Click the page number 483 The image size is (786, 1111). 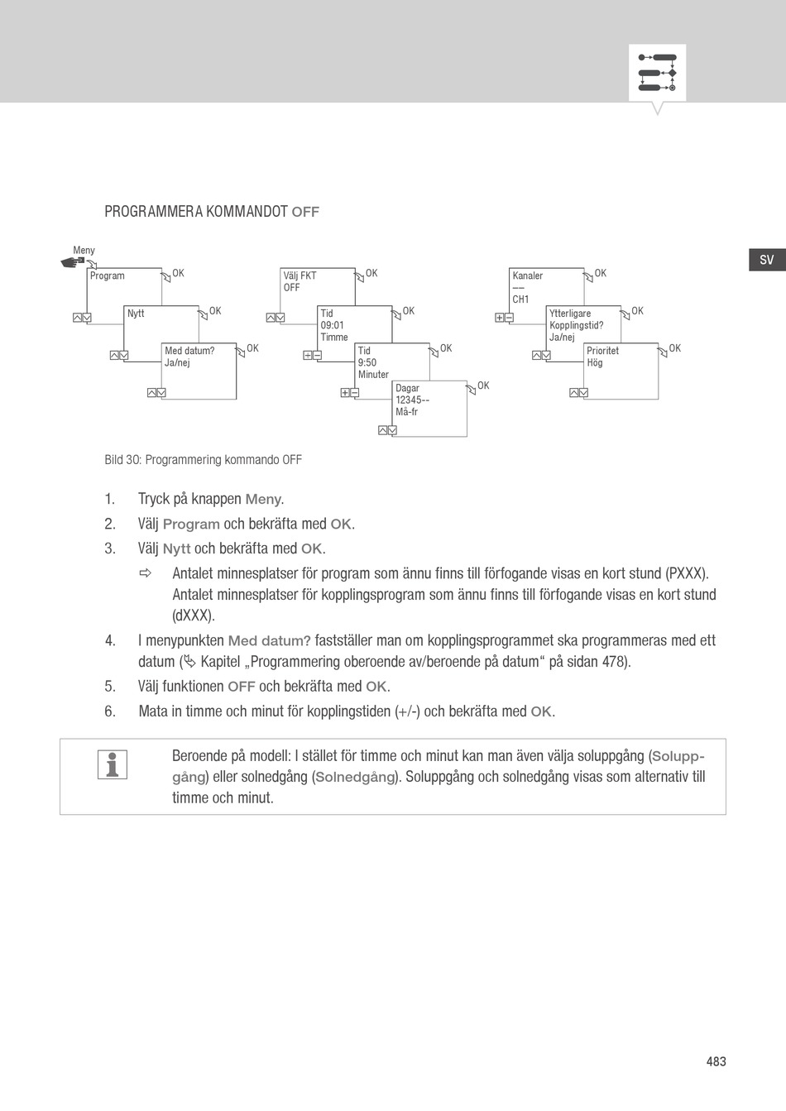click(x=716, y=1061)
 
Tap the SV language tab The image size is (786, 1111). click(x=766, y=260)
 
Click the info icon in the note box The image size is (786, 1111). click(x=113, y=764)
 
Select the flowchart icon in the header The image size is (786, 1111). click(x=657, y=73)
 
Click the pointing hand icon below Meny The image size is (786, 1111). click(x=74, y=262)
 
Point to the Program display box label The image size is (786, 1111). click(x=108, y=275)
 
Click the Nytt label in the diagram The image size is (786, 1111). click(x=136, y=314)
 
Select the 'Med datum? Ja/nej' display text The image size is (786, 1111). click(x=189, y=357)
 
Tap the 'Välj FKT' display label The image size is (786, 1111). click(x=300, y=275)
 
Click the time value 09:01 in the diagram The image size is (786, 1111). click(x=332, y=325)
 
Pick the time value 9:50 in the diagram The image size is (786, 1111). click(x=367, y=362)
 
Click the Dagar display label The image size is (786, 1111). click(x=407, y=388)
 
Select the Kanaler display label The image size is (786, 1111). click(x=528, y=275)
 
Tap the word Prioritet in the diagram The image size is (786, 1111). click(x=602, y=351)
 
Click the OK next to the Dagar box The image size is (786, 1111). click(x=483, y=385)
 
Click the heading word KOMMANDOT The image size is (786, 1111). click(x=247, y=212)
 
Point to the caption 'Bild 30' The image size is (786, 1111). click(x=122, y=460)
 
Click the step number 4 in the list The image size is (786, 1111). click(x=109, y=640)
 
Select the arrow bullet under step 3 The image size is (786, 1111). click(x=146, y=573)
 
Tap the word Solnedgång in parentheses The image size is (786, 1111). click(x=355, y=777)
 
